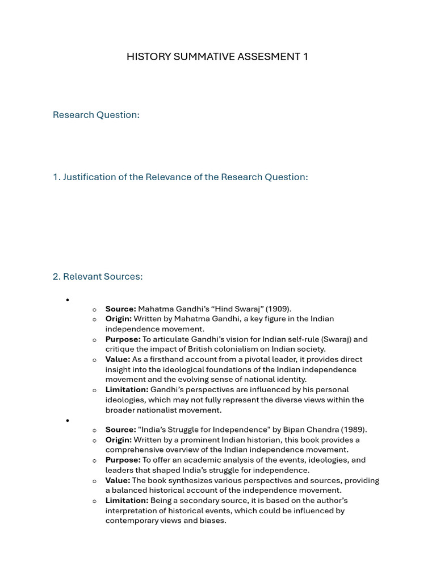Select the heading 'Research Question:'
coord(96,115)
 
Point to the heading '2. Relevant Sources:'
coord(98,277)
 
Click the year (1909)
coord(278,309)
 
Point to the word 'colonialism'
coord(239,349)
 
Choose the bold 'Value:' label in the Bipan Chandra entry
coord(118,480)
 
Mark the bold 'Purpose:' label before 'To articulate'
coord(123,339)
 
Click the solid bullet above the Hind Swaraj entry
coord(67,300)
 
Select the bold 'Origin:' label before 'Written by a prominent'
coord(118,440)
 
